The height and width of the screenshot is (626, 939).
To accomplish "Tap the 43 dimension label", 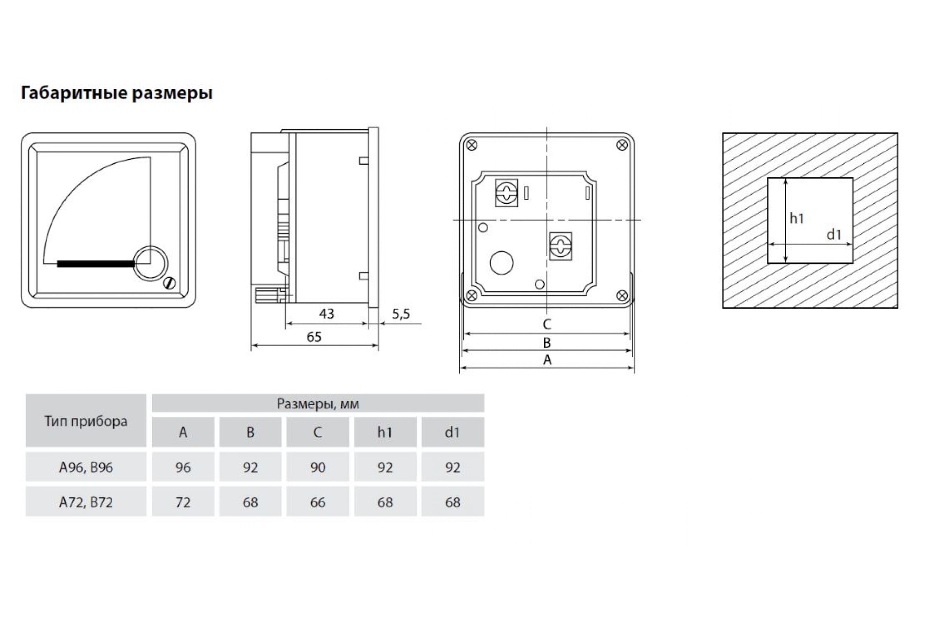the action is coord(326,314).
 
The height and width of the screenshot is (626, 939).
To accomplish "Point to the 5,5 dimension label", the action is coord(401,314).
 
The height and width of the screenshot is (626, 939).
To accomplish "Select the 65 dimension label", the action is coord(314,337).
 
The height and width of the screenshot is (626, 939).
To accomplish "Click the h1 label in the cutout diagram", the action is coord(797,218).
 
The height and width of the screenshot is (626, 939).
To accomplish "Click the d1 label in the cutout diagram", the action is coord(834,234).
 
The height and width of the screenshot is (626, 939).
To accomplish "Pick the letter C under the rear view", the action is coord(547,324).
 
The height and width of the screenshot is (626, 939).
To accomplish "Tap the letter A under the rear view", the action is coord(547,360).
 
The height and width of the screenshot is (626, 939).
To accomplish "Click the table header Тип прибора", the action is coord(86,422).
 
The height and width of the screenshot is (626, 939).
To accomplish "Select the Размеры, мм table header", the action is coord(318,404).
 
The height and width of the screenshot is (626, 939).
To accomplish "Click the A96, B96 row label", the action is coord(86,468).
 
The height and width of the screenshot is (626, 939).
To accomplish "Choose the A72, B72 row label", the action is coord(86,502).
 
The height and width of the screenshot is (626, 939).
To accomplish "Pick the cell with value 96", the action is coord(183,468).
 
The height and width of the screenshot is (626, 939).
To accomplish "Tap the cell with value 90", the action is coord(318,468).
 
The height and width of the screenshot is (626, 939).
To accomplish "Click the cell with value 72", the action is coord(183,502).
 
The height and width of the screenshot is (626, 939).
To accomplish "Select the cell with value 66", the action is coord(318,502).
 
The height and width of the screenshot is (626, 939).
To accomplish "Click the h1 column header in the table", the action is coord(385,432).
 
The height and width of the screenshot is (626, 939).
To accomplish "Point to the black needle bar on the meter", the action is coord(96,264).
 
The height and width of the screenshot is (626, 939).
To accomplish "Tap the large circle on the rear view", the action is coord(502,263).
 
